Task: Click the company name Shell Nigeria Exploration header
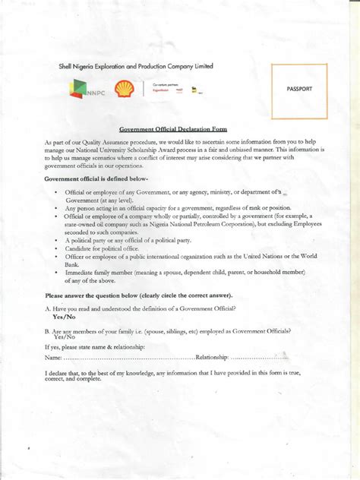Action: (x=137, y=66)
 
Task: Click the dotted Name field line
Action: (x=129, y=357)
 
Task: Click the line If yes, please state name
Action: (x=95, y=346)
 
